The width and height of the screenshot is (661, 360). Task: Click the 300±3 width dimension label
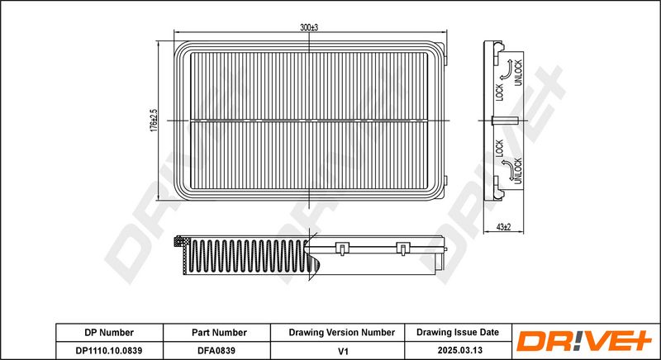click(308, 27)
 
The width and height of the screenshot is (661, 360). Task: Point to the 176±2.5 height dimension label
click(154, 121)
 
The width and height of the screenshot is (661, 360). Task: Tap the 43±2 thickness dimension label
click(503, 227)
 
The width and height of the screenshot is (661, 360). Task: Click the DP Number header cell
click(109, 333)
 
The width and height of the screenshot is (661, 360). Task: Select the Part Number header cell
click(219, 333)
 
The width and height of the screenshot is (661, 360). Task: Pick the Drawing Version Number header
click(342, 333)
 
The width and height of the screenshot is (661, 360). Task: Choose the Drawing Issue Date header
click(458, 332)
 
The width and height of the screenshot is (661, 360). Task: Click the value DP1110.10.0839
click(109, 350)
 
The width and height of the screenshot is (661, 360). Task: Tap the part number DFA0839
click(216, 350)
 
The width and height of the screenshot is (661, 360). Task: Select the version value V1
click(344, 350)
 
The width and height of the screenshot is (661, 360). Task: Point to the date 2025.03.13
click(460, 350)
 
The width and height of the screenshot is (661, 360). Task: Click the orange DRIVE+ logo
click(585, 341)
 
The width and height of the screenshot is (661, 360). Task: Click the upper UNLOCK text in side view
click(518, 73)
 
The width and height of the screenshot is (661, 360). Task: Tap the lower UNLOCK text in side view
click(518, 171)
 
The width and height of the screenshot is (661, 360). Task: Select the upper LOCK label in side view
click(500, 92)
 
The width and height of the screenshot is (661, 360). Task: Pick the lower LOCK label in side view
click(500, 148)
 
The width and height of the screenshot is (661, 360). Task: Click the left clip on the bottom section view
click(342, 248)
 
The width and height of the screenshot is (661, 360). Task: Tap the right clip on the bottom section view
click(403, 248)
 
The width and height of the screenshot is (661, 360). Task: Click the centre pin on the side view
click(505, 121)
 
